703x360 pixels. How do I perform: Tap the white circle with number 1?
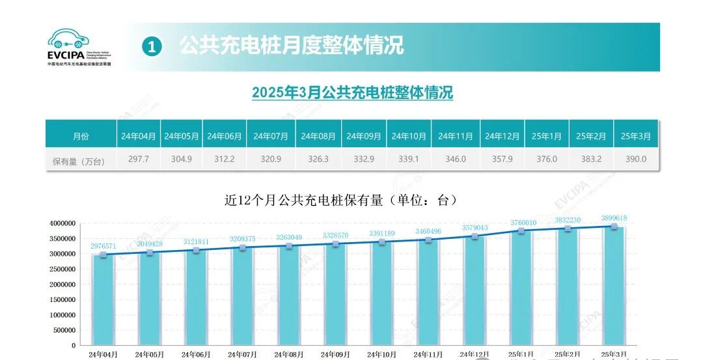(151, 46)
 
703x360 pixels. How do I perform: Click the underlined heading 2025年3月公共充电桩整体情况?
(352, 92)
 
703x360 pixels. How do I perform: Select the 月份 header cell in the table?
(81, 136)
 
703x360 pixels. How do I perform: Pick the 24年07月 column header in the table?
(271, 136)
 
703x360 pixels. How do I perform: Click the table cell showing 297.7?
(139, 159)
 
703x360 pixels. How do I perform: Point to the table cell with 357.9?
(502, 159)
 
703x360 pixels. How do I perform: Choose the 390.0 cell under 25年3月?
(635, 159)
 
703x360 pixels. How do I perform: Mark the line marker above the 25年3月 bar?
(614, 227)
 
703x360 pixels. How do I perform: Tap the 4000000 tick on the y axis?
(62, 223)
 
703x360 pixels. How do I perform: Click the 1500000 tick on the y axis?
(62, 299)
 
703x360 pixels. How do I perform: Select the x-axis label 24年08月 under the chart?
(289, 355)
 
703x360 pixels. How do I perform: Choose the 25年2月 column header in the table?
(591, 136)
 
